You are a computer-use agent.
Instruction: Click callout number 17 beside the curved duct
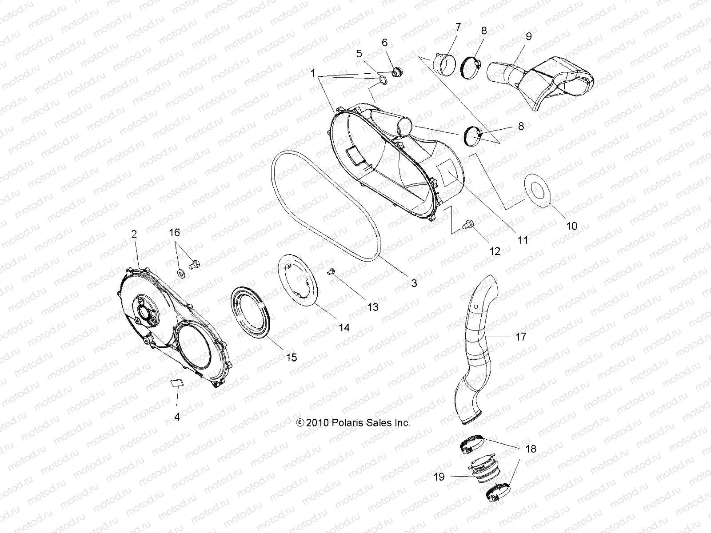(x=520, y=337)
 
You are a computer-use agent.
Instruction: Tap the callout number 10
(x=572, y=226)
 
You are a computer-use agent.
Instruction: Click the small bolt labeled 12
(x=467, y=226)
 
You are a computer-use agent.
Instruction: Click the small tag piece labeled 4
(x=177, y=383)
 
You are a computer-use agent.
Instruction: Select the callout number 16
(x=175, y=232)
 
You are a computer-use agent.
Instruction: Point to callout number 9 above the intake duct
(x=528, y=36)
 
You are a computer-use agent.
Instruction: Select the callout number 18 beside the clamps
(x=531, y=449)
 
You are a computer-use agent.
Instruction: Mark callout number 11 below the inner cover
(x=523, y=240)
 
